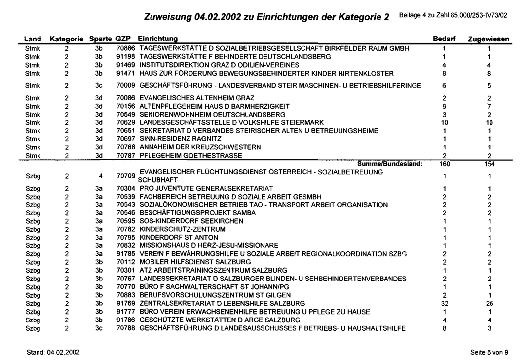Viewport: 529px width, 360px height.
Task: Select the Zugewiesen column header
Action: pos(489,39)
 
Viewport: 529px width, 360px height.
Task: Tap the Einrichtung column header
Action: pos(158,39)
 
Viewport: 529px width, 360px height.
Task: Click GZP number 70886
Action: pos(125,49)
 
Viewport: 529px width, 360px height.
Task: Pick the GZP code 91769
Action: pos(125,303)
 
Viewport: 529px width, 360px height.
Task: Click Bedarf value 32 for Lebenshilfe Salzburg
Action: pos(445,303)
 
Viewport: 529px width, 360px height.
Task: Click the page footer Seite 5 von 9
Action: pos(490,352)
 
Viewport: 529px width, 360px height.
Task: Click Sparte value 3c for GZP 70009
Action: pos(98,86)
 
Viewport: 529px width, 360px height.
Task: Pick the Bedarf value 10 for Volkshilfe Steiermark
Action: pos(445,122)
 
